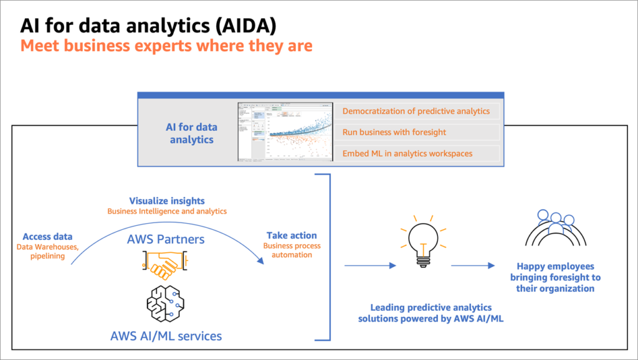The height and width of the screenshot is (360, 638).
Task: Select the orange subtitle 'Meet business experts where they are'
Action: (166, 46)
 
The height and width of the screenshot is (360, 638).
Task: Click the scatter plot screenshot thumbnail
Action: (285, 132)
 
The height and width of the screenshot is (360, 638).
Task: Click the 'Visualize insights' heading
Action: (166, 201)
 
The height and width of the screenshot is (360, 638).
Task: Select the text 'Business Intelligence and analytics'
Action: (166, 212)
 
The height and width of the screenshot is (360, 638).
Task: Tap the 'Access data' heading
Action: (47, 237)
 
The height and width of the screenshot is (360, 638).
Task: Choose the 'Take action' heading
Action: (292, 235)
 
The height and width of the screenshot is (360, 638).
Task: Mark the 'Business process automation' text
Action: (292, 250)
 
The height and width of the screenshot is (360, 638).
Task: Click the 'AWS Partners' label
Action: (166, 239)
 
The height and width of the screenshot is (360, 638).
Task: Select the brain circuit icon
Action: (166, 305)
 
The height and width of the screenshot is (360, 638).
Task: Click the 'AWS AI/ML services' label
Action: (166, 336)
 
